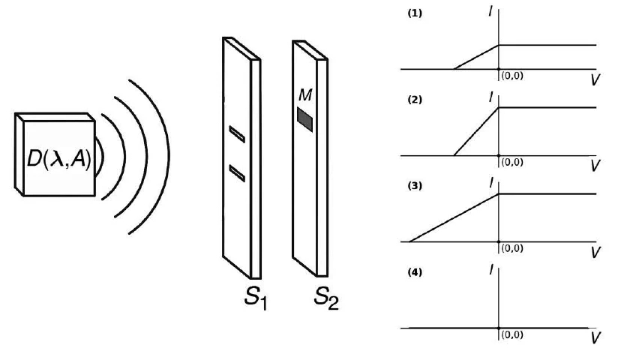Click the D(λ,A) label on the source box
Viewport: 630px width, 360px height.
(58, 159)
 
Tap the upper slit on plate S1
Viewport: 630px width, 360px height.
(237, 134)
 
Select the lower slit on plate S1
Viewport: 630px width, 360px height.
(237, 173)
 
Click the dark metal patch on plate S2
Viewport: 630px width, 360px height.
(305, 119)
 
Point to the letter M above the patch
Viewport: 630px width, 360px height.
(305, 94)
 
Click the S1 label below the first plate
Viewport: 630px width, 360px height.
(256, 298)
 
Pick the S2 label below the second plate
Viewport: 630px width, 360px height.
(325, 298)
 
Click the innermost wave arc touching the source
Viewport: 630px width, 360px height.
(102, 157)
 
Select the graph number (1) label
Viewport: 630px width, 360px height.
(415, 13)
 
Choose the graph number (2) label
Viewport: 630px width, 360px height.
(415, 100)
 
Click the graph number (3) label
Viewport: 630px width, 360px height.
(415, 186)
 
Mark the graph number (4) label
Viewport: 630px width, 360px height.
(415, 272)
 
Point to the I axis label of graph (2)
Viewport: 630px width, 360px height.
(490, 97)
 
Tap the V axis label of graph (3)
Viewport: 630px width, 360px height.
(595, 252)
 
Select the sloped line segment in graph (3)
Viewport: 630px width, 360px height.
(454, 217)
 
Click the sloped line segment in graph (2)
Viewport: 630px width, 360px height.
(476, 131)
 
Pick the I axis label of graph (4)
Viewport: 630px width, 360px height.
(490, 270)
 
